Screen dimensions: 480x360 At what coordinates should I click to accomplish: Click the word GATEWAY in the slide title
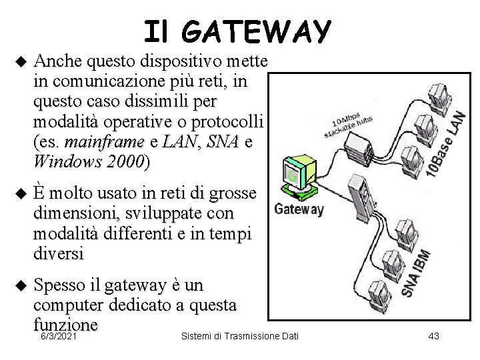[x=257, y=31]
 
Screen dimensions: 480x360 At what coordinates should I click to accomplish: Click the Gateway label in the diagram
[x=299, y=209]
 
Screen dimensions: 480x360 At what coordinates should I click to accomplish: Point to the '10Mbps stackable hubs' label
[x=348, y=122]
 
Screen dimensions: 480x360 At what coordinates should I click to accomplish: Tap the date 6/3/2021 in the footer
[x=58, y=337]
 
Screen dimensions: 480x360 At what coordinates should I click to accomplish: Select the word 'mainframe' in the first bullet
[x=105, y=143]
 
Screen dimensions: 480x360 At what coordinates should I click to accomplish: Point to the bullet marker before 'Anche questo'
[x=19, y=63]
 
